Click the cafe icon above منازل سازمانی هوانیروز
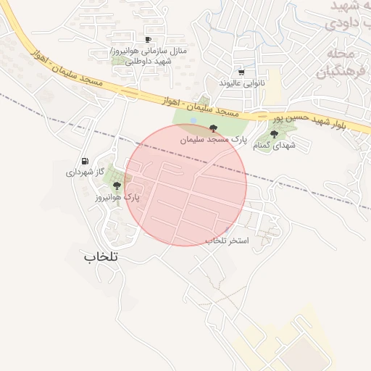(149, 40)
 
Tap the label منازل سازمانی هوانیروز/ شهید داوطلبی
(149, 57)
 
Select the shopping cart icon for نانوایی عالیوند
(241, 72)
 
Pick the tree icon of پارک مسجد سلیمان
(212, 128)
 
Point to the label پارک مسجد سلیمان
(214, 138)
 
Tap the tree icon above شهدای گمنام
(274, 134)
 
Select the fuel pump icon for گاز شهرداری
(86, 161)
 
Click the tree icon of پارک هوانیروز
(117, 185)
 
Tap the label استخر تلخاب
(226, 240)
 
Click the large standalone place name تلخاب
(100, 257)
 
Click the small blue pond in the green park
(193, 120)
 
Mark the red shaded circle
(186, 185)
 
